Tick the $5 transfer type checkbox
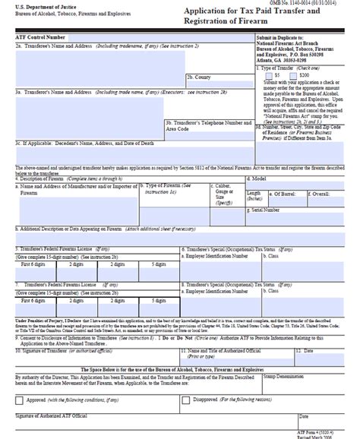270,76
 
